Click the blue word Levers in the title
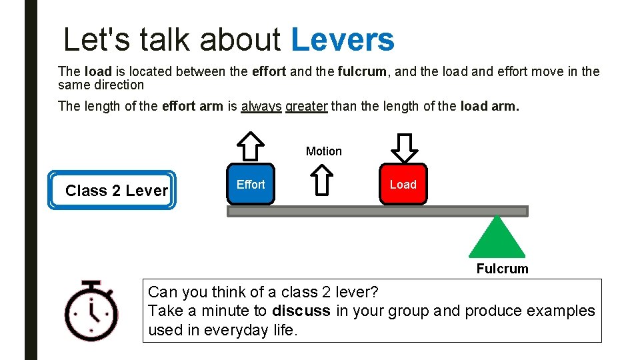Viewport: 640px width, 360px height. click(x=343, y=40)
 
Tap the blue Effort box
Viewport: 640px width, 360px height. click(x=251, y=184)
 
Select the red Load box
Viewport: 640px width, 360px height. click(x=403, y=184)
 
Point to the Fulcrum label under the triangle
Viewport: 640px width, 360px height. click(x=502, y=269)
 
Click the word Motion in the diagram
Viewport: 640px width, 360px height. click(x=323, y=151)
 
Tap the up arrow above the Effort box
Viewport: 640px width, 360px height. click(x=251, y=146)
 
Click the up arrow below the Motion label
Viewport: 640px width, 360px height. click(x=322, y=180)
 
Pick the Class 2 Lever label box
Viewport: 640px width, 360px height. click(x=112, y=191)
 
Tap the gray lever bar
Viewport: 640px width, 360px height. click(x=377, y=211)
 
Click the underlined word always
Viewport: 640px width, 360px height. click(x=261, y=106)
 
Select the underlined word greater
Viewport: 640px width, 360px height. click(x=306, y=106)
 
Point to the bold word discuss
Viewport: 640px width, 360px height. click(x=301, y=311)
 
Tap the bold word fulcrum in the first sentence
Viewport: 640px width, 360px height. click(x=362, y=71)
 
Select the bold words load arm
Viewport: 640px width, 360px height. click(x=489, y=106)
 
